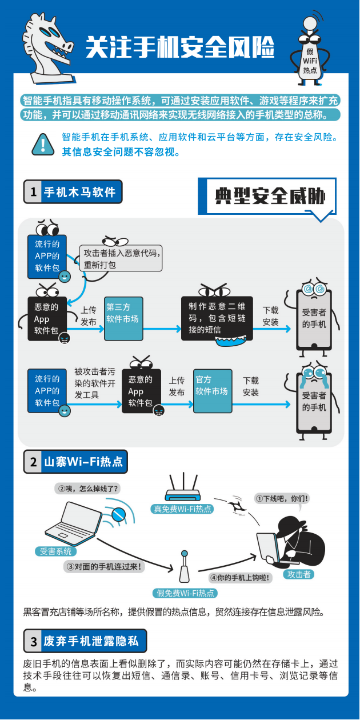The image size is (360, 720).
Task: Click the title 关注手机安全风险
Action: tap(179, 47)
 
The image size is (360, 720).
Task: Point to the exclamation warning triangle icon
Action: tap(43, 145)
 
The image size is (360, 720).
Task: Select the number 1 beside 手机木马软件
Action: tap(32, 192)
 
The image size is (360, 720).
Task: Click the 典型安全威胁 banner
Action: tap(269, 197)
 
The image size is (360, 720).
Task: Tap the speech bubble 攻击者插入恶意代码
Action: tap(121, 259)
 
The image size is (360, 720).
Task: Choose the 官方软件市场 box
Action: tap(212, 391)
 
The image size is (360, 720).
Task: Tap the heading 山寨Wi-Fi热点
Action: tap(83, 462)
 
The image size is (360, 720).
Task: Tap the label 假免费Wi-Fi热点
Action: tap(184, 593)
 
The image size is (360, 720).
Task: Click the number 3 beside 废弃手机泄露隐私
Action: tap(33, 641)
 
